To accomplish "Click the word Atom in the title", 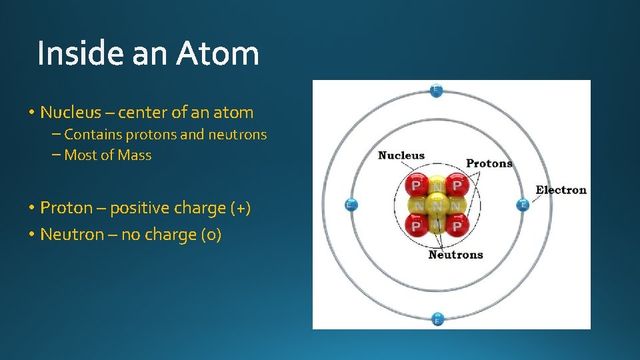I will point(217,53).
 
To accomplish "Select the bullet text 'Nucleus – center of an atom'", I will point(147,112).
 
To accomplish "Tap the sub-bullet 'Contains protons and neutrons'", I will point(165,135).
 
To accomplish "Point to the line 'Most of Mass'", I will point(108,155).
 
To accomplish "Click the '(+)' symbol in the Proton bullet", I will point(241,208).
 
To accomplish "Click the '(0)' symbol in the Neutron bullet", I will point(211,235).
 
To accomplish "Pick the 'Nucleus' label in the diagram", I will point(401,155).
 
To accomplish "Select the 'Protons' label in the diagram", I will point(489,163).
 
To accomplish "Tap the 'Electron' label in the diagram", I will point(561,190).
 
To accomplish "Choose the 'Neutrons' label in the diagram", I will point(455,255).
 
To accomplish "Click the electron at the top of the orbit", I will point(436,90).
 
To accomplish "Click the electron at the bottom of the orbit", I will point(437,319).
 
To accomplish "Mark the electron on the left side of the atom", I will point(351,205).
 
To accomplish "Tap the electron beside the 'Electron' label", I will point(523,205).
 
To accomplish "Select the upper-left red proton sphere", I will point(417,185).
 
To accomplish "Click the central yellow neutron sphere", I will point(437,205).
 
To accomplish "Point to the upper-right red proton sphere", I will point(456,185).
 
